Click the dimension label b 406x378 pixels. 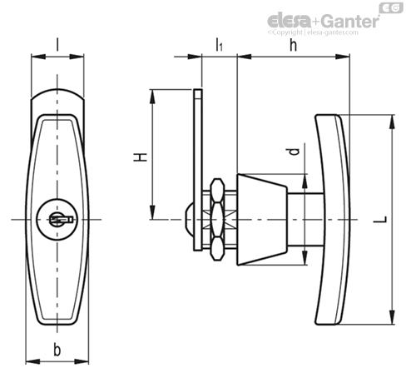57,350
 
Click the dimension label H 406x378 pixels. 140,157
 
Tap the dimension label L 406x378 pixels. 380,220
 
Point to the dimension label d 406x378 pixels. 293,152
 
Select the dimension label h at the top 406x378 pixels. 293,45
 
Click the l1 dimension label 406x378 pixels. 219,45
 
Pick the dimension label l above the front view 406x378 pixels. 57,45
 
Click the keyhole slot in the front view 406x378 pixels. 62,220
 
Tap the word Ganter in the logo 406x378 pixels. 351,22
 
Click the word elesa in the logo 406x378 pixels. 289,21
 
